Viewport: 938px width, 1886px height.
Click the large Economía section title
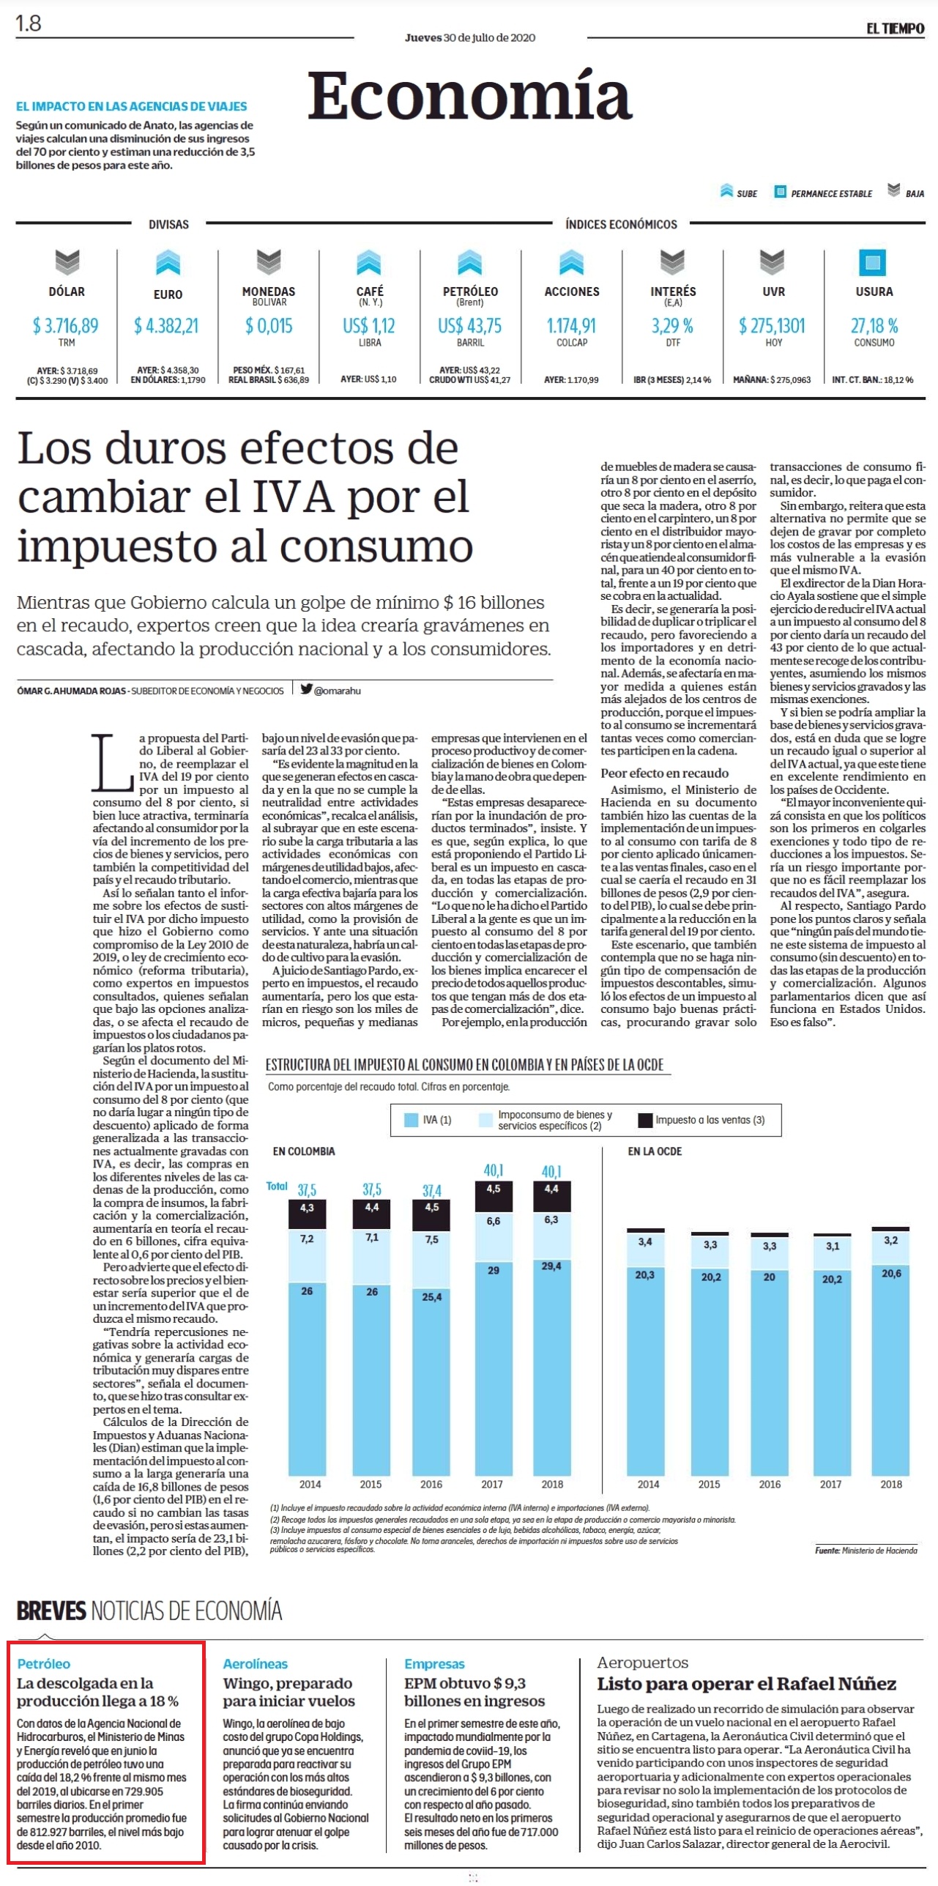point(469,95)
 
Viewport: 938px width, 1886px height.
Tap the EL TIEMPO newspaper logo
point(895,29)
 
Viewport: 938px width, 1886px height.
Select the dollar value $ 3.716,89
point(66,325)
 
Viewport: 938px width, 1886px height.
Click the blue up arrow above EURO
point(168,262)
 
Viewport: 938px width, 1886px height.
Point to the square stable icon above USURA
point(872,262)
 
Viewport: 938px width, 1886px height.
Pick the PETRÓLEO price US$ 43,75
point(470,325)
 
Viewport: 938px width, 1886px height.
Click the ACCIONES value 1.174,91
point(571,325)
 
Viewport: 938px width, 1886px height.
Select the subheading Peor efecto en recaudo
point(665,773)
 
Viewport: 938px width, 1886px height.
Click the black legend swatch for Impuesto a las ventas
point(645,1120)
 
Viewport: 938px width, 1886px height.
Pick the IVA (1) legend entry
point(429,1120)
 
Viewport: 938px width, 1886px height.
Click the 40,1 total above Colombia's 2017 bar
point(493,1170)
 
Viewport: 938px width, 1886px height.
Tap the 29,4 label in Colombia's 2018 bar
point(551,1266)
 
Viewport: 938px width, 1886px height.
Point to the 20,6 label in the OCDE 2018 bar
point(891,1273)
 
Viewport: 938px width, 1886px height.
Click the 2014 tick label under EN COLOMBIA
point(310,1484)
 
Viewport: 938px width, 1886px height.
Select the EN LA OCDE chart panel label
point(655,1151)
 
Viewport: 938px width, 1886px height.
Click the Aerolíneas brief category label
point(256,1663)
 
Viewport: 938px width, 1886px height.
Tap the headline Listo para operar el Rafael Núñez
point(747,1683)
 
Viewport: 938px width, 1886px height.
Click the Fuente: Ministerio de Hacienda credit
point(866,1550)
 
